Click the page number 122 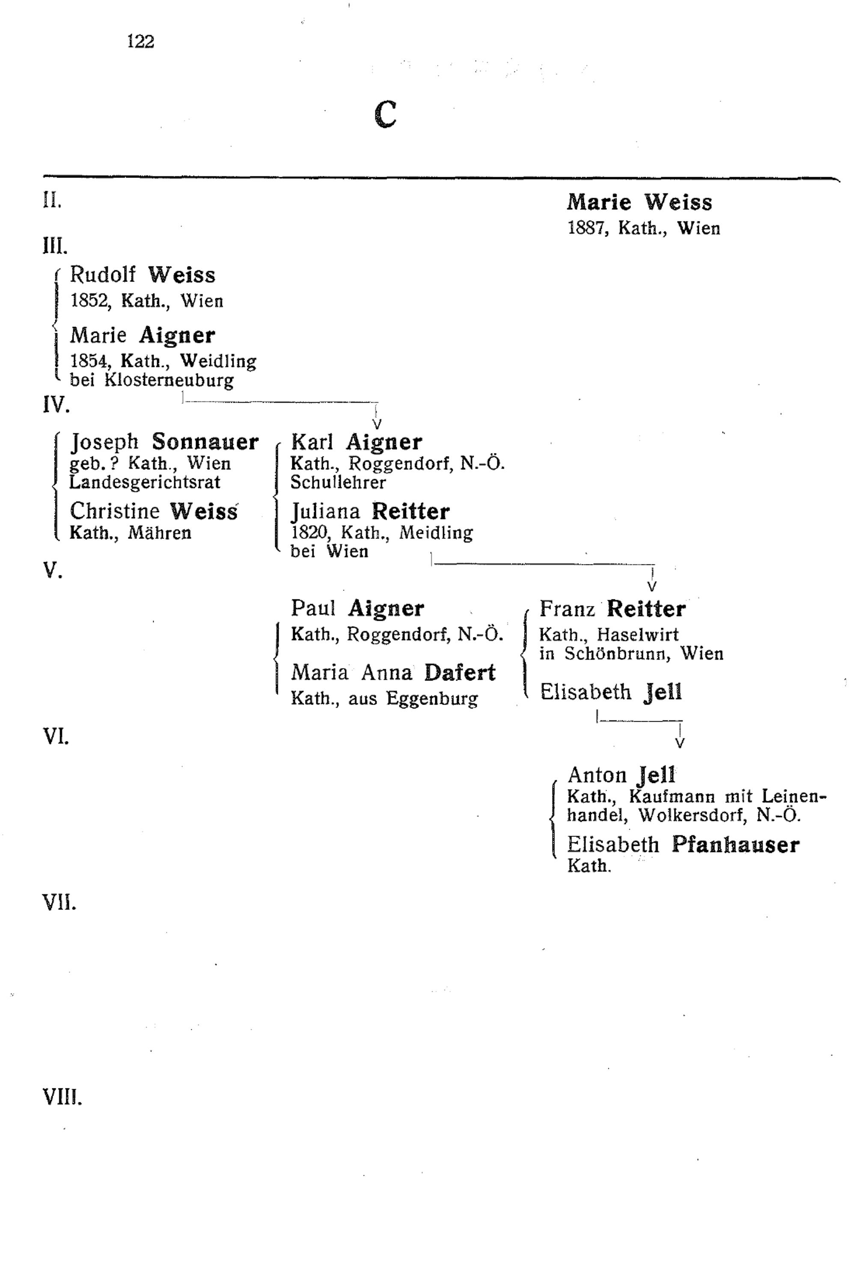[141, 41]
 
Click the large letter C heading [386, 114]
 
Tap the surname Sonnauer [205, 441]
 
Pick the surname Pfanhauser [735, 845]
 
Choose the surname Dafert [460, 673]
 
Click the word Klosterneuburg [169, 380]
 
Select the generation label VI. [56, 737]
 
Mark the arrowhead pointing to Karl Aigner [376, 424]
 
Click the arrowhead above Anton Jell [680, 743]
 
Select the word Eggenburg [432, 699]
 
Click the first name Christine [115, 511]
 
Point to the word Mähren [159, 533]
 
